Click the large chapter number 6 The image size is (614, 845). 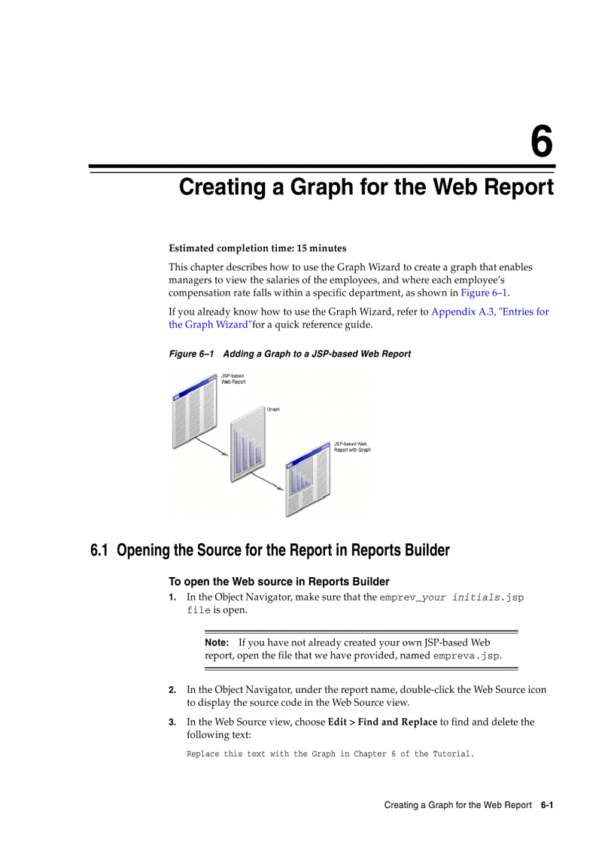pos(541,142)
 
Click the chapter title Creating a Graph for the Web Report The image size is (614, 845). pos(366,187)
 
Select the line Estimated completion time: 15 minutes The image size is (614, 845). pos(257,248)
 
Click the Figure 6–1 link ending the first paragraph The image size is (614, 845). pos(484,293)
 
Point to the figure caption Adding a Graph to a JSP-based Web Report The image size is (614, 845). pos(317,354)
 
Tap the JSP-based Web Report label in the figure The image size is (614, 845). pos(233,378)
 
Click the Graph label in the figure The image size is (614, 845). pos(273,409)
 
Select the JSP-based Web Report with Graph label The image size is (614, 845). pos(352,447)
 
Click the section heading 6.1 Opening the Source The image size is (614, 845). pos(270,550)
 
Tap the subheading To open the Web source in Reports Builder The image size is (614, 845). pos(278,582)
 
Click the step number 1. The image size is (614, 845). pos(172,597)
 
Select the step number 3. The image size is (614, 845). pos(172,722)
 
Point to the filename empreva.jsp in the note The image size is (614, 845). pos(467,655)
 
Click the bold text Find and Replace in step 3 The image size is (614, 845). pos(397,722)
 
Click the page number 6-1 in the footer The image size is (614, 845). pos(546,805)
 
